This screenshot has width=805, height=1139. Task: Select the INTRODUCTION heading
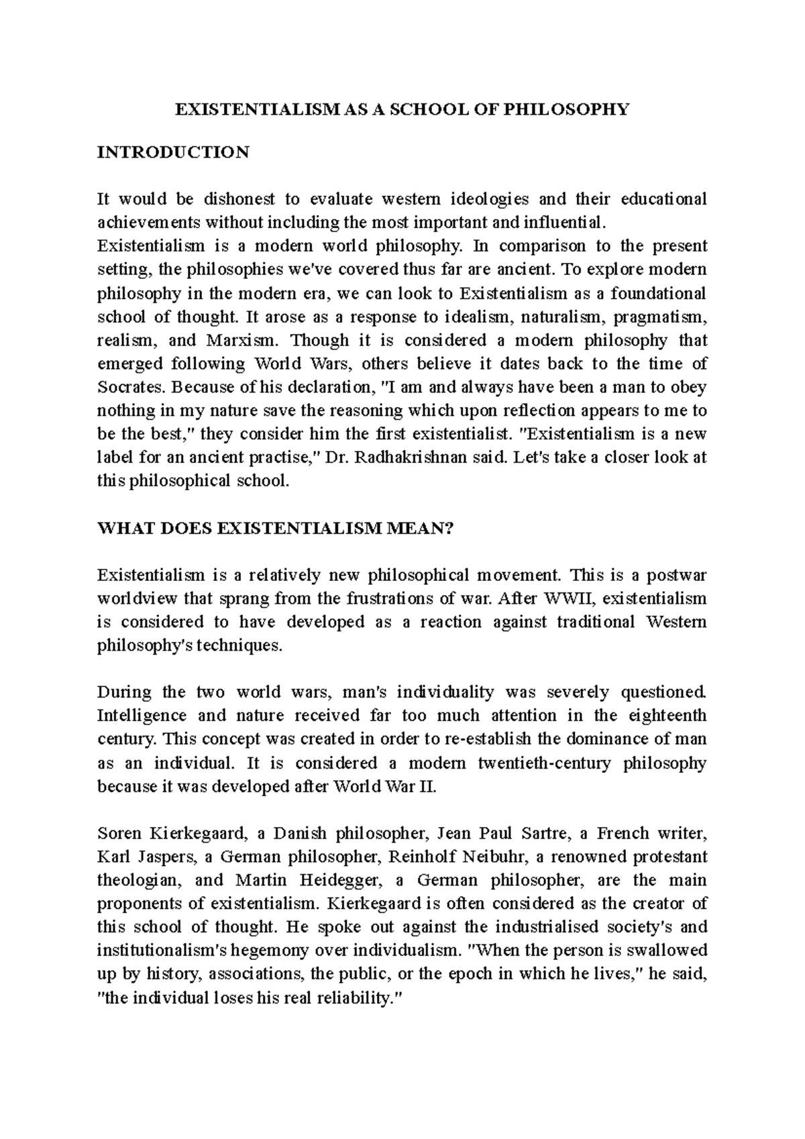[x=173, y=152]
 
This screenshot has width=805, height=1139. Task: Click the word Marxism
[x=246, y=340]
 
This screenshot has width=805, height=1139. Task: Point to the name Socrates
[x=131, y=387]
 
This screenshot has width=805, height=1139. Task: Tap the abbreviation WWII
[x=574, y=598]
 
